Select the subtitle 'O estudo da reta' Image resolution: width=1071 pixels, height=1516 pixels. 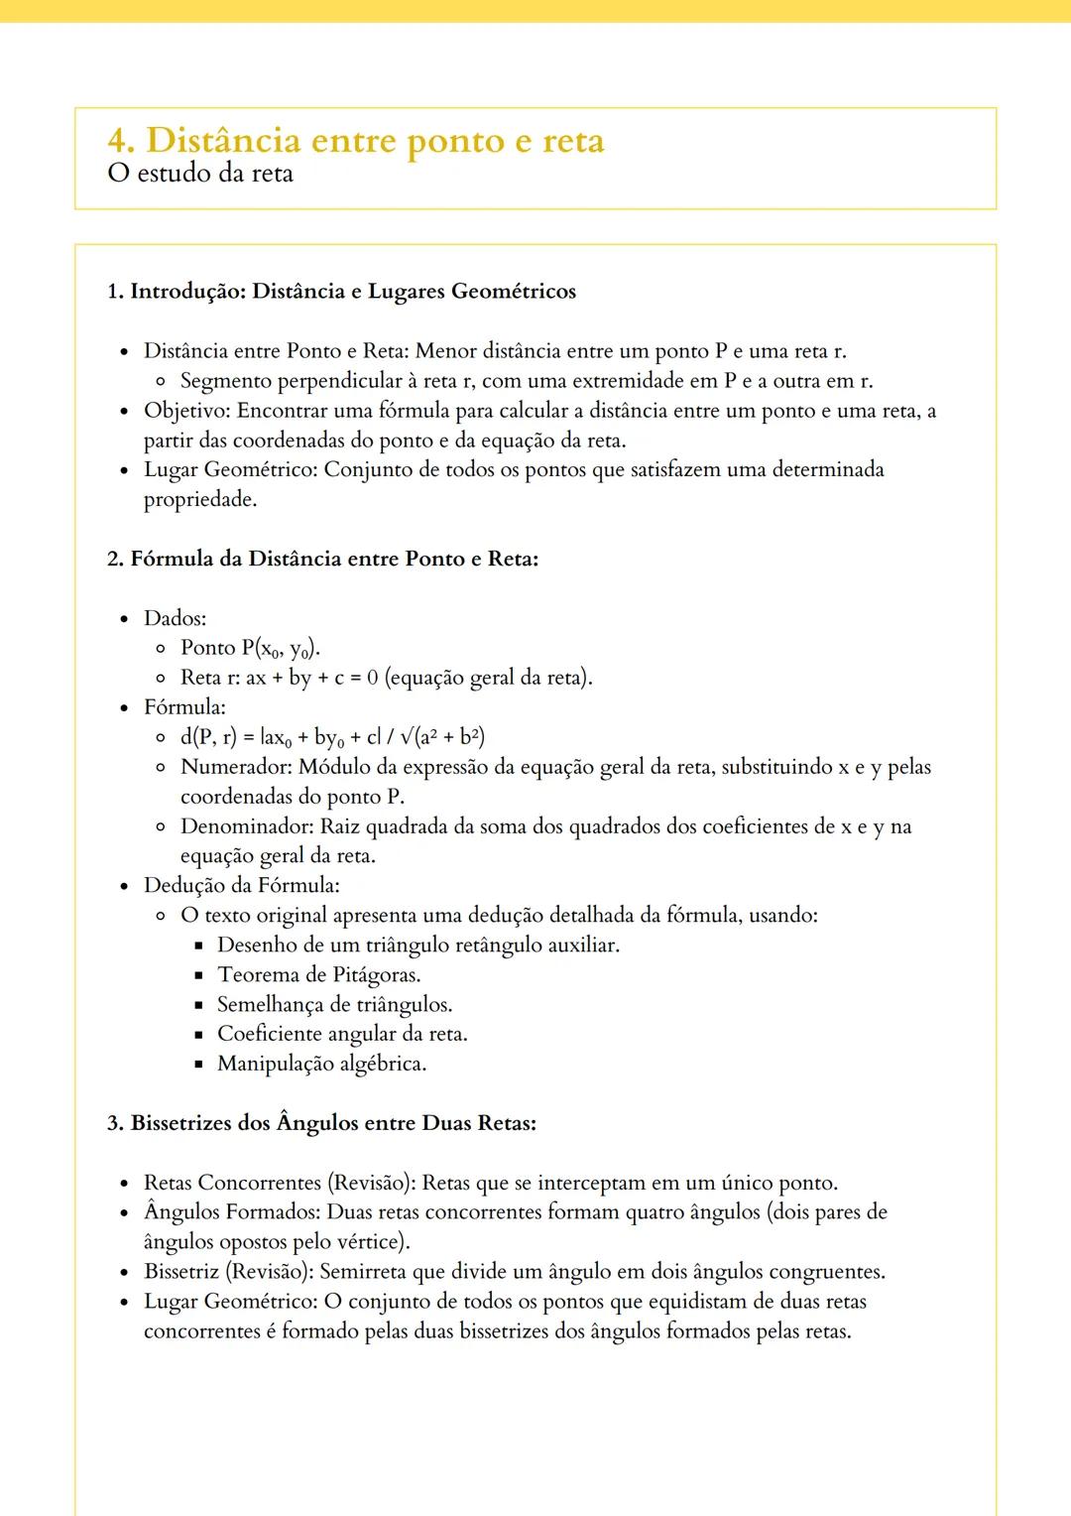point(200,174)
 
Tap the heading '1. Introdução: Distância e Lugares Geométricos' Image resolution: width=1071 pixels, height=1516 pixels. point(341,292)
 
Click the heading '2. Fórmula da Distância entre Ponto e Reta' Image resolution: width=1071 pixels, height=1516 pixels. point(322,559)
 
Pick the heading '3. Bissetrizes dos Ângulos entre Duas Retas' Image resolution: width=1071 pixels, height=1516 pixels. point(321,1123)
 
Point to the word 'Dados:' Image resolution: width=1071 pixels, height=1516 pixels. point(175,618)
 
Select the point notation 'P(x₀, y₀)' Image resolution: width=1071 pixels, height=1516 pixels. point(281,649)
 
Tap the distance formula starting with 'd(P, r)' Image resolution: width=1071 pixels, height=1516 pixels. point(332,737)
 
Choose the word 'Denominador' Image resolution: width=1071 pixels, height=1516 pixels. point(246,826)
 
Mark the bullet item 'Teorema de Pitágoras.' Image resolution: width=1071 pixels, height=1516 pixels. point(318,974)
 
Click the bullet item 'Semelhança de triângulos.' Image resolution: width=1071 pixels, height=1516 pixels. point(334,1004)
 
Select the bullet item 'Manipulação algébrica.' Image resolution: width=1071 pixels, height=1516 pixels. point(321,1064)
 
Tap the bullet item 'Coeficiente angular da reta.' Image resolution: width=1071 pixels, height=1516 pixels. point(342,1034)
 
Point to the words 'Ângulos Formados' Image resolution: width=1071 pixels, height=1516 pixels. point(230,1212)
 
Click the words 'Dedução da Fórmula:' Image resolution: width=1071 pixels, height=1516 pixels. point(241,885)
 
